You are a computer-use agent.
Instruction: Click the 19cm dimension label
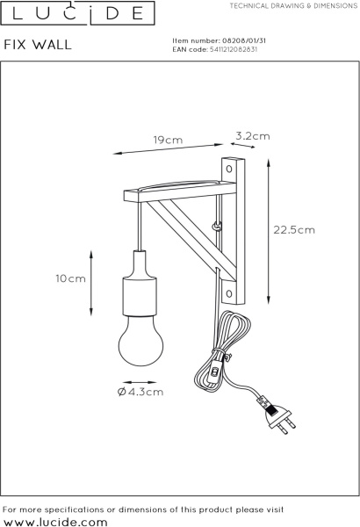(168, 140)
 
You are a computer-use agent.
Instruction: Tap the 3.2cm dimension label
(253, 136)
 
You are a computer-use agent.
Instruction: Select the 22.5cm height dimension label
(294, 230)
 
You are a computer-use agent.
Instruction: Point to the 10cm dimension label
(70, 278)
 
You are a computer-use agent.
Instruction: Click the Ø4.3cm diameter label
(140, 392)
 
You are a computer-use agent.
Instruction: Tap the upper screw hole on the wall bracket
(229, 169)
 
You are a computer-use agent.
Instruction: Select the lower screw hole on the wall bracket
(229, 293)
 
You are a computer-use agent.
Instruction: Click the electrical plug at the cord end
(278, 416)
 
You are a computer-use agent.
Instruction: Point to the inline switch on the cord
(213, 373)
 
